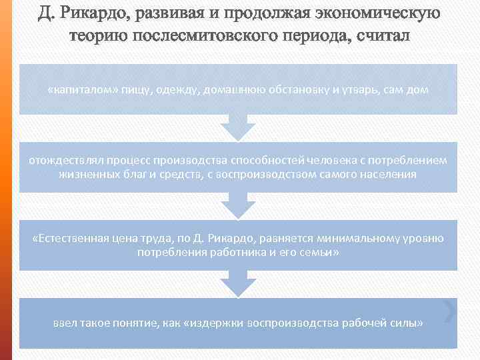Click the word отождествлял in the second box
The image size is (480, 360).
pyautogui.click(x=61, y=161)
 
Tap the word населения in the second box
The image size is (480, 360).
pyautogui.click(x=387, y=174)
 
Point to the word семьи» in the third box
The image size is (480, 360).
pyautogui.click(x=319, y=253)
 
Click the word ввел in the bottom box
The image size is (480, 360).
pyautogui.click(x=66, y=323)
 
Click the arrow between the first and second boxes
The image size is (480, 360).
pyautogui.click(x=238, y=127)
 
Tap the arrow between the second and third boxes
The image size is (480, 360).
pyautogui.click(x=238, y=205)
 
